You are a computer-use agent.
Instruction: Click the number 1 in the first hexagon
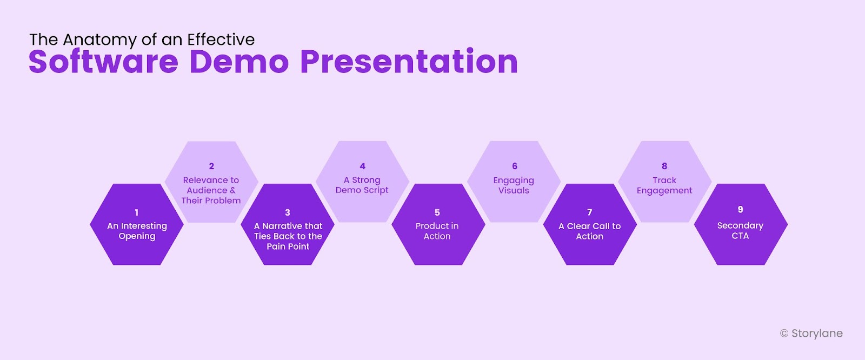tap(137, 212)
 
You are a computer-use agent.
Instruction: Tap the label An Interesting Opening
tap(137, 231)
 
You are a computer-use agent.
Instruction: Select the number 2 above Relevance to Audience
tap(211, 166)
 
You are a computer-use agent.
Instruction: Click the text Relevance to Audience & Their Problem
tap(211, 190)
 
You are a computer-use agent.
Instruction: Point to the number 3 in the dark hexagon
tap(288, 212)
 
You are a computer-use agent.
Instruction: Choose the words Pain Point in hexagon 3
tap(288, 246)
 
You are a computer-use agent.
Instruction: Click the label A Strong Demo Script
tap(362, 185)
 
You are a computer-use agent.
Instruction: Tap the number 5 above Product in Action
tap(437, 212)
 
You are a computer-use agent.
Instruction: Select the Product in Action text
tap(437, 231)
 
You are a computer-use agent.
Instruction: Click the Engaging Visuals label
tap(514, 185)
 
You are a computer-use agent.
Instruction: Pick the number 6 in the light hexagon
tap(515, 166)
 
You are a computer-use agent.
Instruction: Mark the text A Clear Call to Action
tap(589, 231)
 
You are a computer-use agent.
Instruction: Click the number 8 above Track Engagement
tap(664, 166)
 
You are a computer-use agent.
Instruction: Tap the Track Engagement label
tap(664, 185)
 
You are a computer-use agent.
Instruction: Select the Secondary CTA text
tap(740, 230)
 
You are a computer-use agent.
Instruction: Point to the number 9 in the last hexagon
tap(741, 209)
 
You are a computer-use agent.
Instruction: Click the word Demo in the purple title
tap(239, 61)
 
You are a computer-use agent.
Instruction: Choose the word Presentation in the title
tap(409, 61)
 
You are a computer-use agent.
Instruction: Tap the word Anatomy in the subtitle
tap(99, 40)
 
